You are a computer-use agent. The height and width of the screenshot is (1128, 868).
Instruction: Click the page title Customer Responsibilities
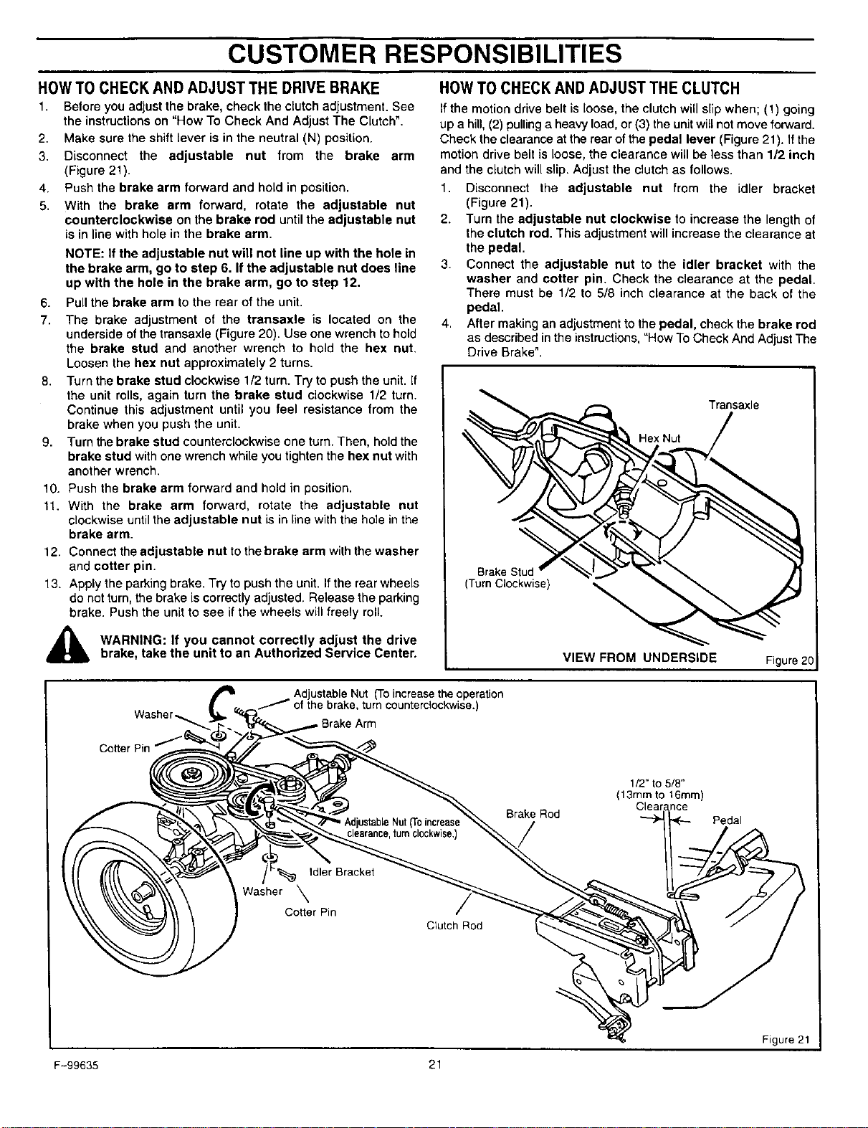[x=424, y=54]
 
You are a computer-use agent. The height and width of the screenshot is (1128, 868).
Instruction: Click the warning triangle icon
[x=67, y=645]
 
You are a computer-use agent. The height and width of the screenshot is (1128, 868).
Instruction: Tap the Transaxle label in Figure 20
[x=734, y=405]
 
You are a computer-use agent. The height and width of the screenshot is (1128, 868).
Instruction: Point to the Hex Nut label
[x=659, y=438]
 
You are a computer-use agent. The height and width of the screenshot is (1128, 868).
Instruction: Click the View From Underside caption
[x=640, y=658]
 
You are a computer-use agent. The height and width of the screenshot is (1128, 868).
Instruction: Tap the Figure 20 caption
[x=789, y=660]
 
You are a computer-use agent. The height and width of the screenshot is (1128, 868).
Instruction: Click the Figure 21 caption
[x=786, y=1039]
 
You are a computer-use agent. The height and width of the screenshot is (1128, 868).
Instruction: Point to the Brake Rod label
[x=533, y=814]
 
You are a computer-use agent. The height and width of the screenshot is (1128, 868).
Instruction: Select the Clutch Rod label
[x=454, y=926]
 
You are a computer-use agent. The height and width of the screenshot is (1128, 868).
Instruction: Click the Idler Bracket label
[x=341, y=872]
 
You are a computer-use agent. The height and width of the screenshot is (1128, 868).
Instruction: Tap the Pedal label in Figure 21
[x=727, y=820]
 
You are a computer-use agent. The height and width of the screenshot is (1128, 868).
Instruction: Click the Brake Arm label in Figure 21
[x=348, y=724]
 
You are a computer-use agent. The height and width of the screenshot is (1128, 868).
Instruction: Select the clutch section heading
[x=589, y=88]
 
